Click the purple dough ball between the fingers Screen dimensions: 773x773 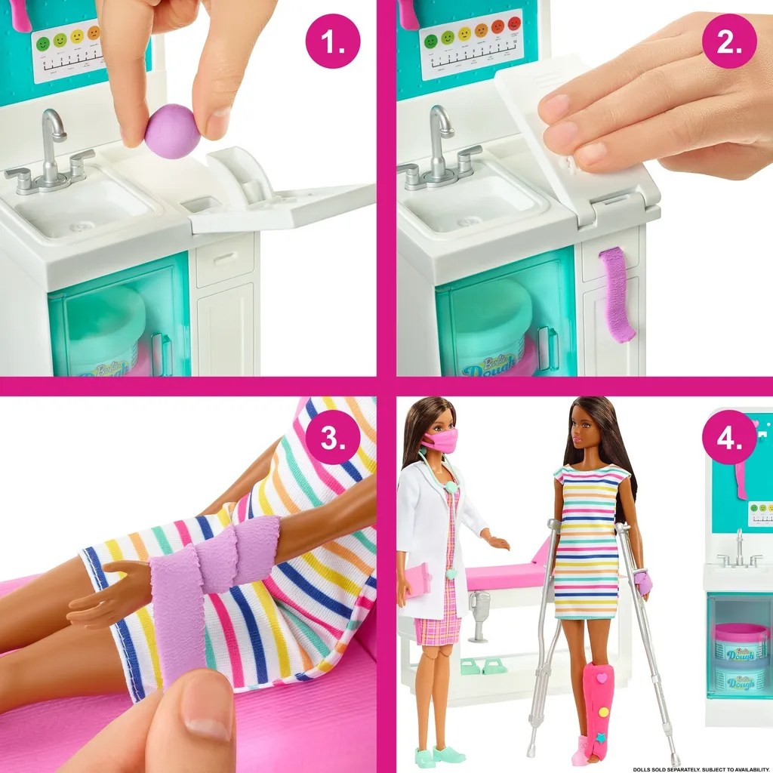click(172, 131)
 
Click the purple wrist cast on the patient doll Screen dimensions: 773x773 click(642, 582)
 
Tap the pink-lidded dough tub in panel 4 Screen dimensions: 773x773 click(740, 642)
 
